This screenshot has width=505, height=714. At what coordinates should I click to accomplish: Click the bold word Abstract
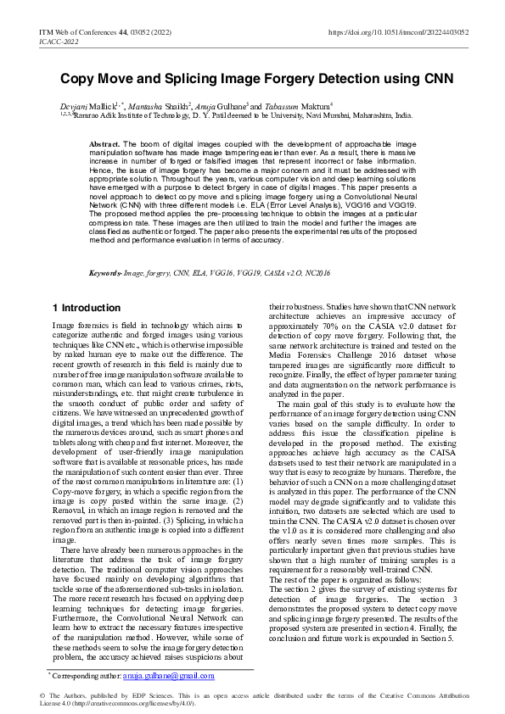tap(104, 145)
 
